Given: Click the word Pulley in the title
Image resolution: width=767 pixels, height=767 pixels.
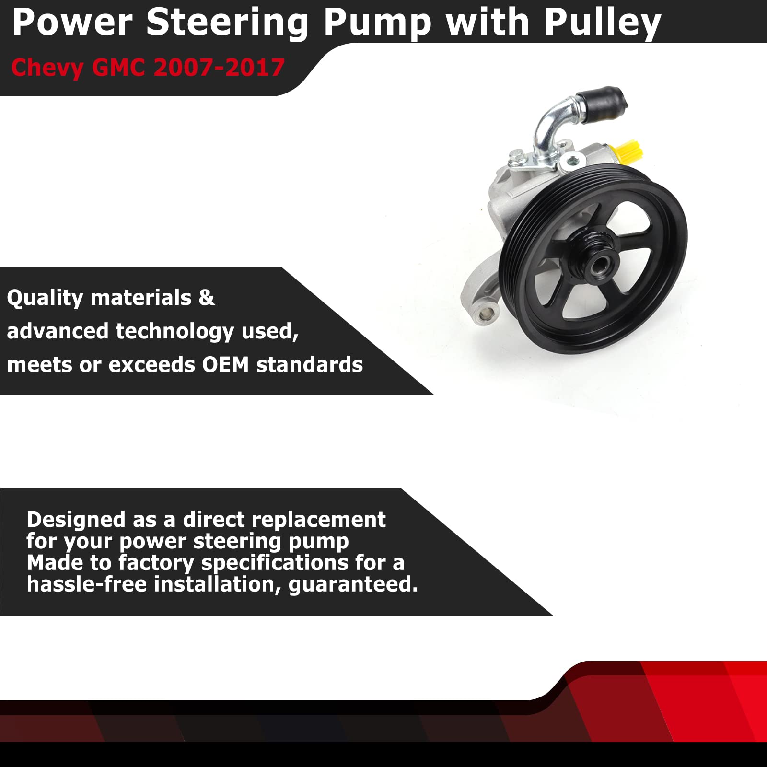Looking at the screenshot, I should point(603,23).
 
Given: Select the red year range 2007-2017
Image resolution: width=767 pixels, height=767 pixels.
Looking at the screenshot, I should point(220,68).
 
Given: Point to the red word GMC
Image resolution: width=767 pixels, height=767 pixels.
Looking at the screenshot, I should point(118,68).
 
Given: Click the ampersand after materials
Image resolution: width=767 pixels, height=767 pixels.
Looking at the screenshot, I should point(206,298).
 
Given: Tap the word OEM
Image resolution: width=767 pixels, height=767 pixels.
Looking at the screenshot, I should point(225,365).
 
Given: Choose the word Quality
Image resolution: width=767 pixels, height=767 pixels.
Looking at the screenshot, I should point(45,298).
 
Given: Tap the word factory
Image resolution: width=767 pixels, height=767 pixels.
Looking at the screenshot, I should point(156,563).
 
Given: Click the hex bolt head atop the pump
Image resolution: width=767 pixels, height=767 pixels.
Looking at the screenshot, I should point(516,155).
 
